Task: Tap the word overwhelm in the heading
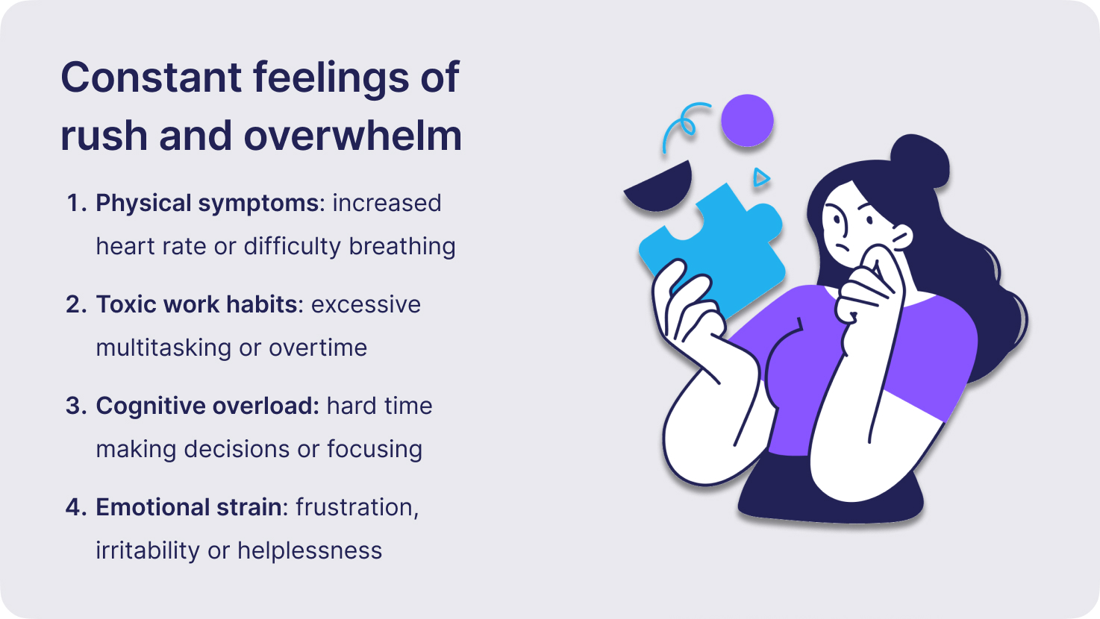(353, 136)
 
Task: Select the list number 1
(77, 203)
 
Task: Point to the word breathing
(402, 247)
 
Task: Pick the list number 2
(77, 305)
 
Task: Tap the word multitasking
(163, 348)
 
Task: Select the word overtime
(318, 348)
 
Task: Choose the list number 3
(77, 406)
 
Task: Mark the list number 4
(77, 508)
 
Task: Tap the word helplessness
(310, 551)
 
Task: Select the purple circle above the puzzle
(748, 121)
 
